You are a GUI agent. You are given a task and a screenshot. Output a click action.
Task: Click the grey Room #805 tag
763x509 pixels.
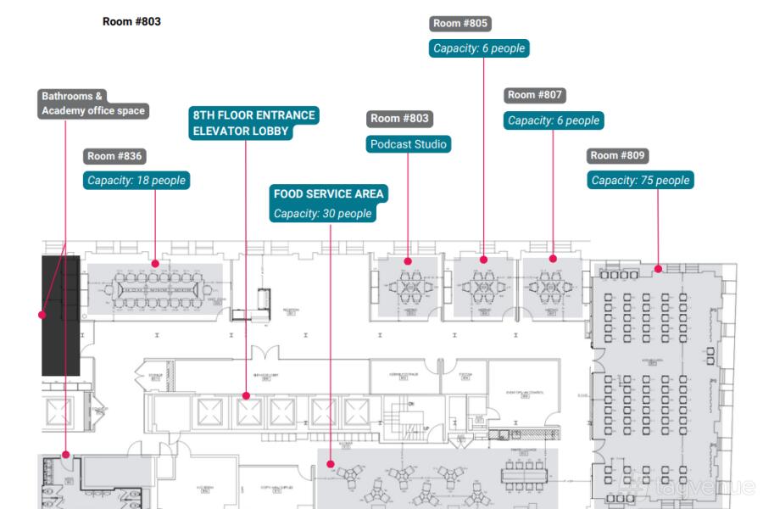[x=460, y=24]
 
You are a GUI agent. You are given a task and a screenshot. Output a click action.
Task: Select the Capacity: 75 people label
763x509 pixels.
[x=640, y=180]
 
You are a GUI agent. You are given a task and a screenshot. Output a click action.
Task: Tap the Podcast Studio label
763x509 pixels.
[x=408, y=144]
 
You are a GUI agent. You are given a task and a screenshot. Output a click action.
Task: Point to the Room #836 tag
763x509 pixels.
[x=115, y=156]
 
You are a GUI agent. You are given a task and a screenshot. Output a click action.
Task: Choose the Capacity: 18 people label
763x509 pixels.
[x=136, y=180]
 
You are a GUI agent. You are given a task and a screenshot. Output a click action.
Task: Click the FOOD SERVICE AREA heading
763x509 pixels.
[x=328, y=194]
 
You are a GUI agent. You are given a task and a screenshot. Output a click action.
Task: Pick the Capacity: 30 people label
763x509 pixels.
[x=322, y=214]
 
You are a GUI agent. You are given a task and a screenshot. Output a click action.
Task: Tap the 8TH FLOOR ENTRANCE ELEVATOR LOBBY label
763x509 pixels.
[x=253, y=123]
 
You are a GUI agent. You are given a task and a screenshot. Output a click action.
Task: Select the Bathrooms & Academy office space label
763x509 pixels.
[x=93, y=103]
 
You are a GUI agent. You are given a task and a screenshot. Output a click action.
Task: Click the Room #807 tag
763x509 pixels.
[x=535, y=95]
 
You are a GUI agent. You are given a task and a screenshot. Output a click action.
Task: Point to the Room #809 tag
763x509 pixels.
[x=618, y=156]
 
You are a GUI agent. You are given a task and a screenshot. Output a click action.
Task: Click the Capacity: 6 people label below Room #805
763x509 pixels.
[x=479, y=48]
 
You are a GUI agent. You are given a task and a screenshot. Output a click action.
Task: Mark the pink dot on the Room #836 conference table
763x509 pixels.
[x=155, y=264]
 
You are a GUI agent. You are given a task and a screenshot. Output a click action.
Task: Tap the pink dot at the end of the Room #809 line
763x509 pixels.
[x=658, y=269]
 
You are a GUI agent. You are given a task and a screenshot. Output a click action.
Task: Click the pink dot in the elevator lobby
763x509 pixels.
[x=246, y=395]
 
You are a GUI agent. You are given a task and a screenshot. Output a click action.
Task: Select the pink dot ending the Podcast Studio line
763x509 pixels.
[x=408, y=261]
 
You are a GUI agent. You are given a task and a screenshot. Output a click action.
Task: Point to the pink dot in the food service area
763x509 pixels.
[x=331, y=465]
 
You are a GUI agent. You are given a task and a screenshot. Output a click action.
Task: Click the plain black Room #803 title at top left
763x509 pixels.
[x=131, y=21]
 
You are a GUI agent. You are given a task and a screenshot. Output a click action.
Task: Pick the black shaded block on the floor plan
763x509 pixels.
[x=60, y=316]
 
